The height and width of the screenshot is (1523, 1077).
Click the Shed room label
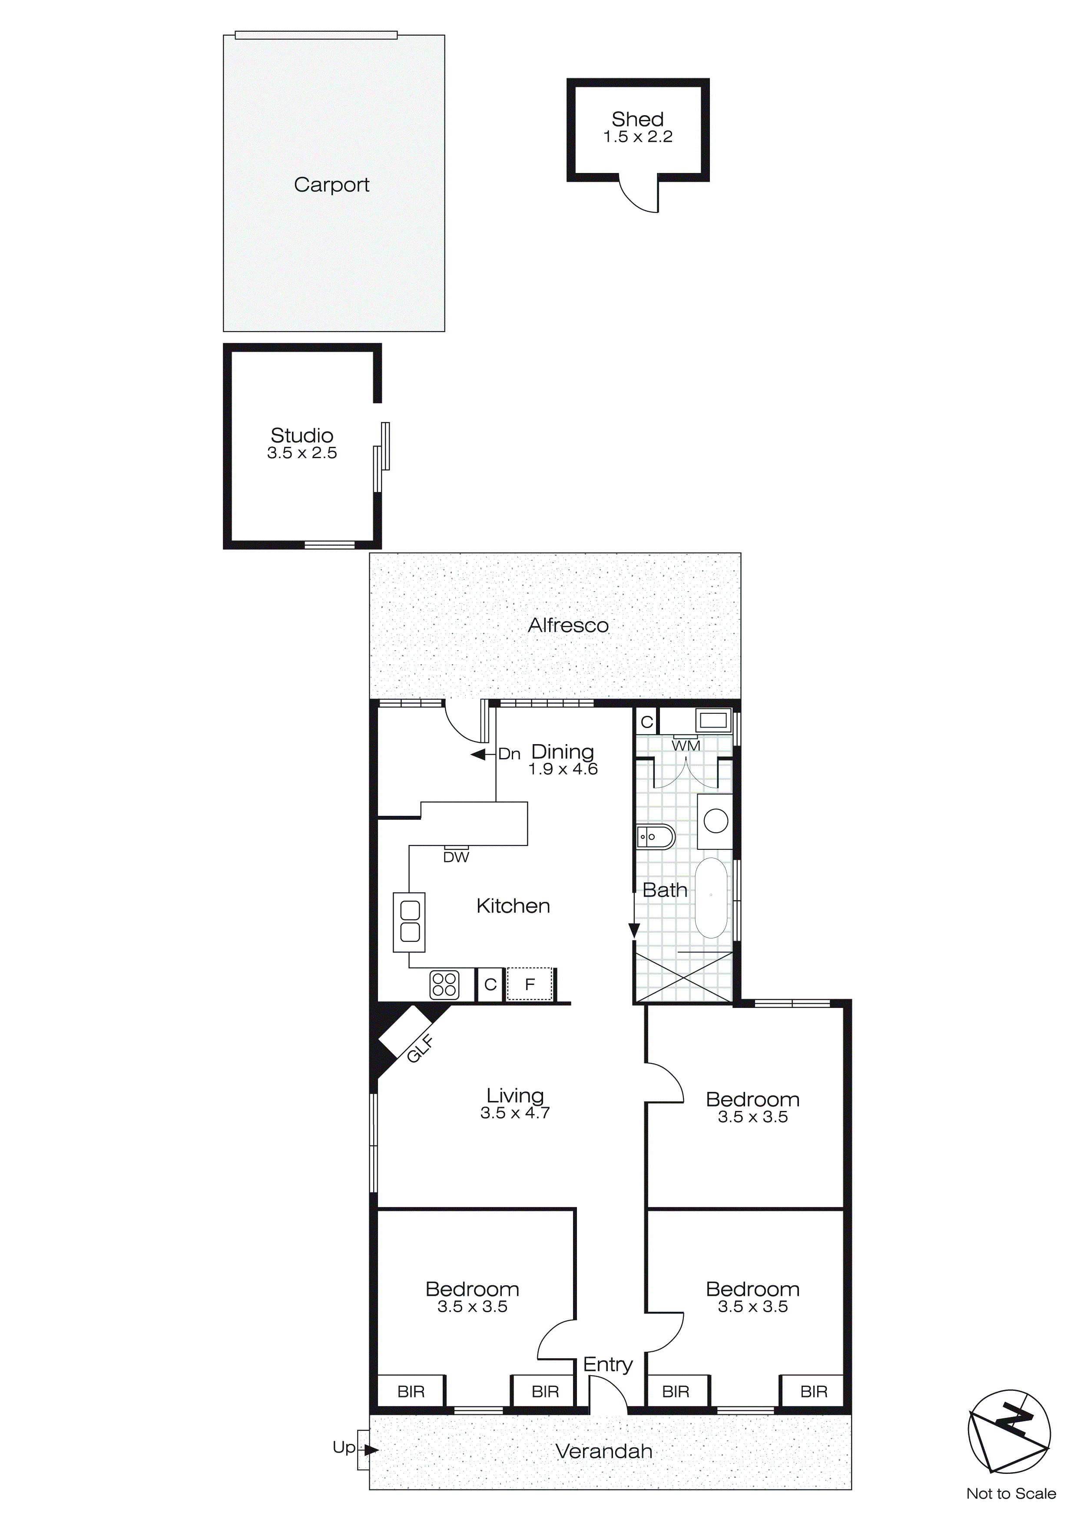coord(637,120)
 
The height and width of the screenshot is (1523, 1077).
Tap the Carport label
coord(331,185)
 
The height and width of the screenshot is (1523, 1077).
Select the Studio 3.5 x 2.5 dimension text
coord(302,453)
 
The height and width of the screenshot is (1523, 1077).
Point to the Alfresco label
coord(568,625)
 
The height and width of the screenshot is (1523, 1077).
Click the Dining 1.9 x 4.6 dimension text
coord(563,769)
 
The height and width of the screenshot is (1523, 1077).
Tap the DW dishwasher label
coord(456,857)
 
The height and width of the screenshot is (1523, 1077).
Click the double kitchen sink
coord(410,922)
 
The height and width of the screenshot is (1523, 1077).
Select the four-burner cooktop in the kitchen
coord(444,984)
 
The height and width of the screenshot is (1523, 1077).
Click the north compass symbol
coord(1009,1433)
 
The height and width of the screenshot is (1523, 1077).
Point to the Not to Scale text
coord(1011,1494)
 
